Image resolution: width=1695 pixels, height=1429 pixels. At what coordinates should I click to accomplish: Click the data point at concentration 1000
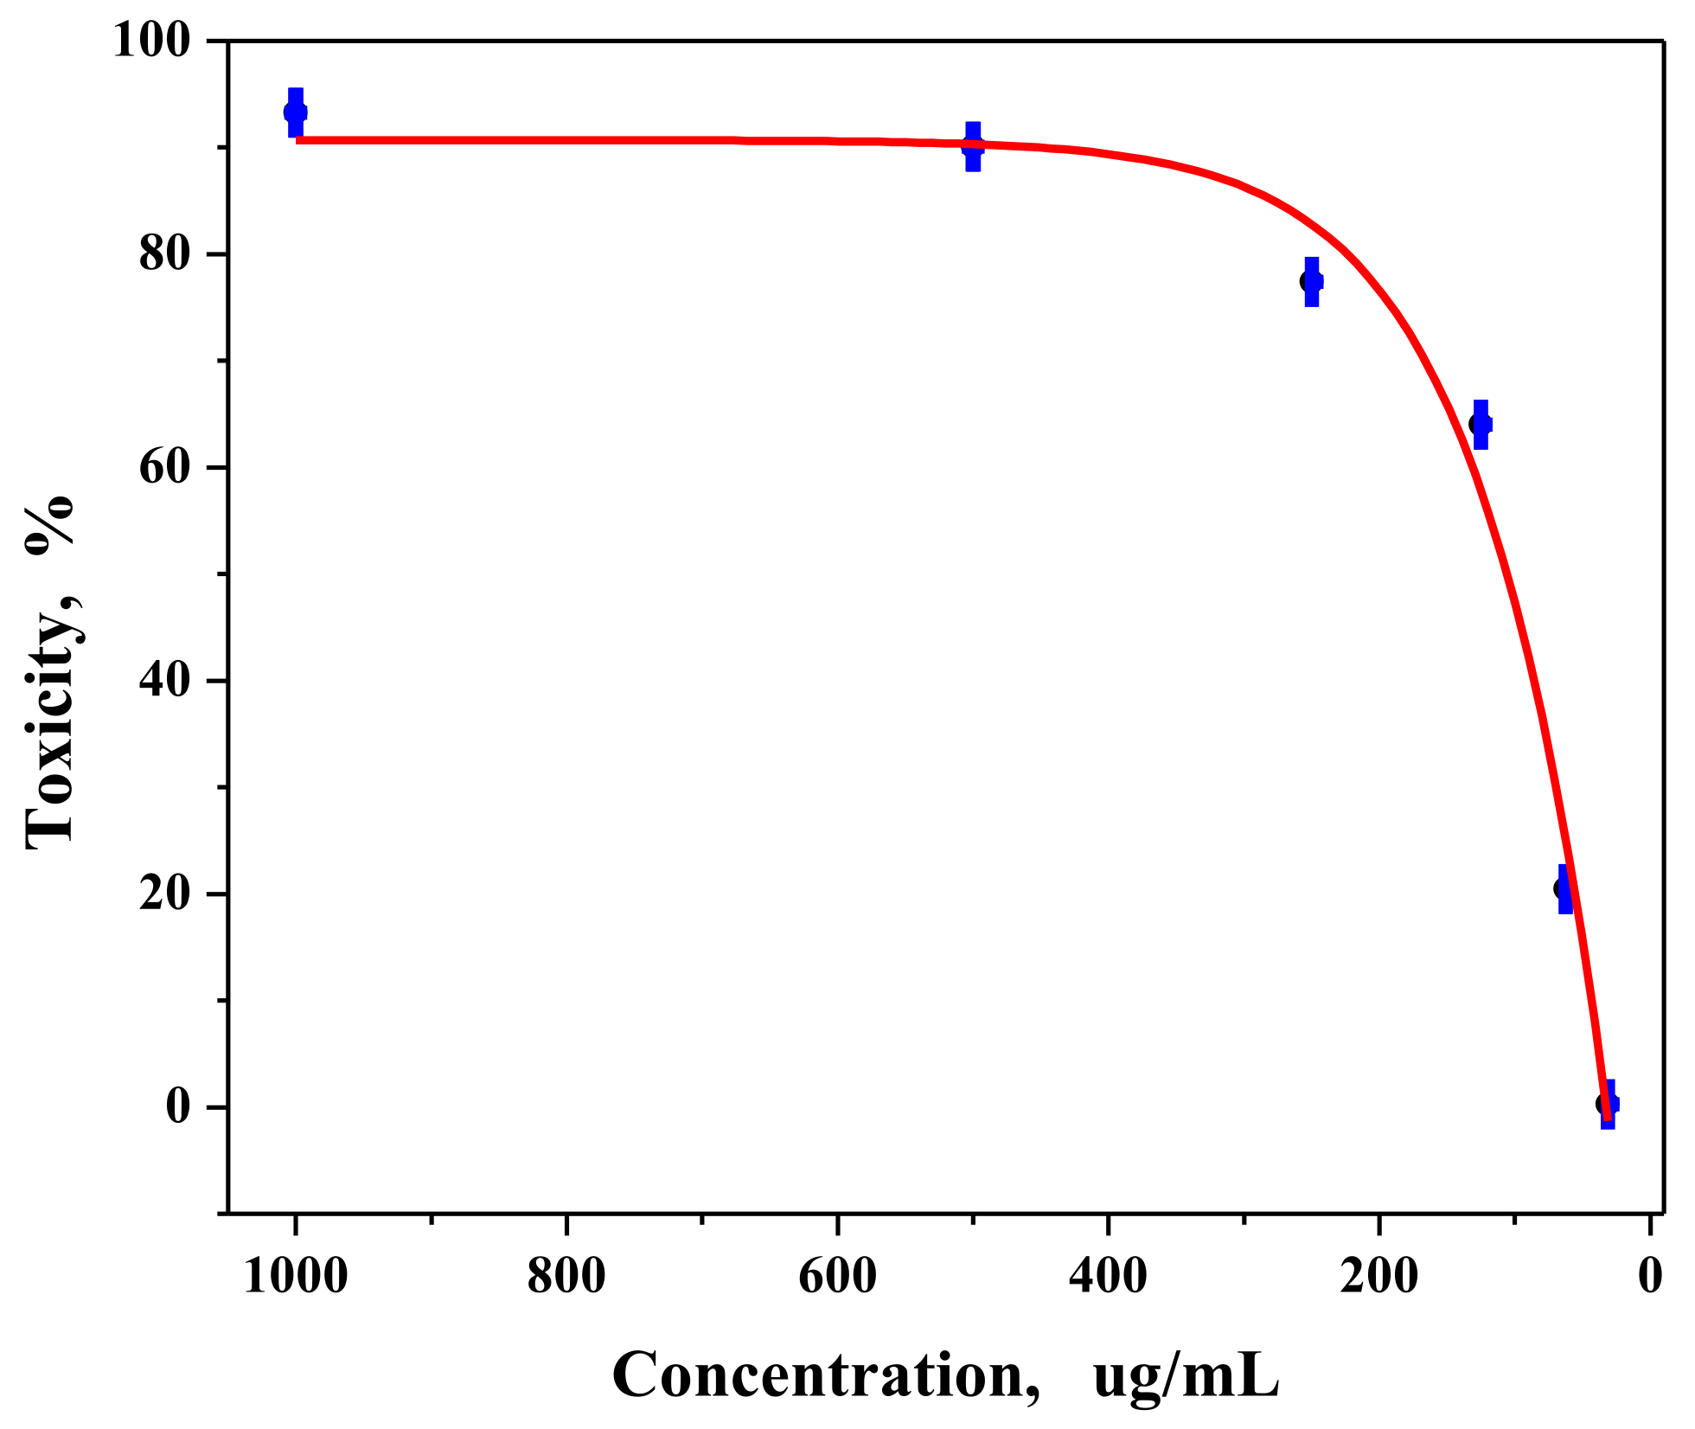(296, 112)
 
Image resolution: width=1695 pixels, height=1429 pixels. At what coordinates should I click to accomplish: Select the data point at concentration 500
(973, 146)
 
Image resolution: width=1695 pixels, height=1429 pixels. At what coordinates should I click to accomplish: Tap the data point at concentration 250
(1311, 281)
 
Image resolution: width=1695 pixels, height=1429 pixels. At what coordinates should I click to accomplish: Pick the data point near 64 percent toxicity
(1481, 424)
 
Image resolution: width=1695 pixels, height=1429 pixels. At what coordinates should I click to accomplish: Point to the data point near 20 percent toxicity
(1564, 888)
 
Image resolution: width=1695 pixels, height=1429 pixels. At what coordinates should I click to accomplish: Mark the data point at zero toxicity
(1607, 1104)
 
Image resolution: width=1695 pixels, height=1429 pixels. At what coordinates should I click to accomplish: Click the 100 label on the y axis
(151, 42)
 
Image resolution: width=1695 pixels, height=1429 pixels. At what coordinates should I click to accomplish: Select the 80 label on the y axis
(164, 254)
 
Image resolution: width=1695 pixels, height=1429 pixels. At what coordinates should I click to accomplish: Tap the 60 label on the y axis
(164, 468)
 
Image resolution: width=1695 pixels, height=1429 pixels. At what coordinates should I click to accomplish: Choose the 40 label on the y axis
(164, 682)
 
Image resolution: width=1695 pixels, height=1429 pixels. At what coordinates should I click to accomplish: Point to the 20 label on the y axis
(164, 894)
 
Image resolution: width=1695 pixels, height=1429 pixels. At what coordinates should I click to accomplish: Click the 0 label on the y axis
(178, 1107)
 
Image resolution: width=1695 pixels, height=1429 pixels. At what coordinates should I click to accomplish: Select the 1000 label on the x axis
(296, 1277)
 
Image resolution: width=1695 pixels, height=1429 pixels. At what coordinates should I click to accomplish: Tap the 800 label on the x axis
(566, 1277)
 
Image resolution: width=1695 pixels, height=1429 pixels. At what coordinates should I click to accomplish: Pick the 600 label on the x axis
(837, 1277)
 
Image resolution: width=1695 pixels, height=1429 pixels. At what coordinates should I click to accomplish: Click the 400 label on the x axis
(1108, 1277)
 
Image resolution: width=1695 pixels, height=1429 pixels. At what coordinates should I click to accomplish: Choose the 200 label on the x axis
(1379, 1277)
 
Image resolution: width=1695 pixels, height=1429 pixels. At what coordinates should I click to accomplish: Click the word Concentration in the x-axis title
(826, 1375)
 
